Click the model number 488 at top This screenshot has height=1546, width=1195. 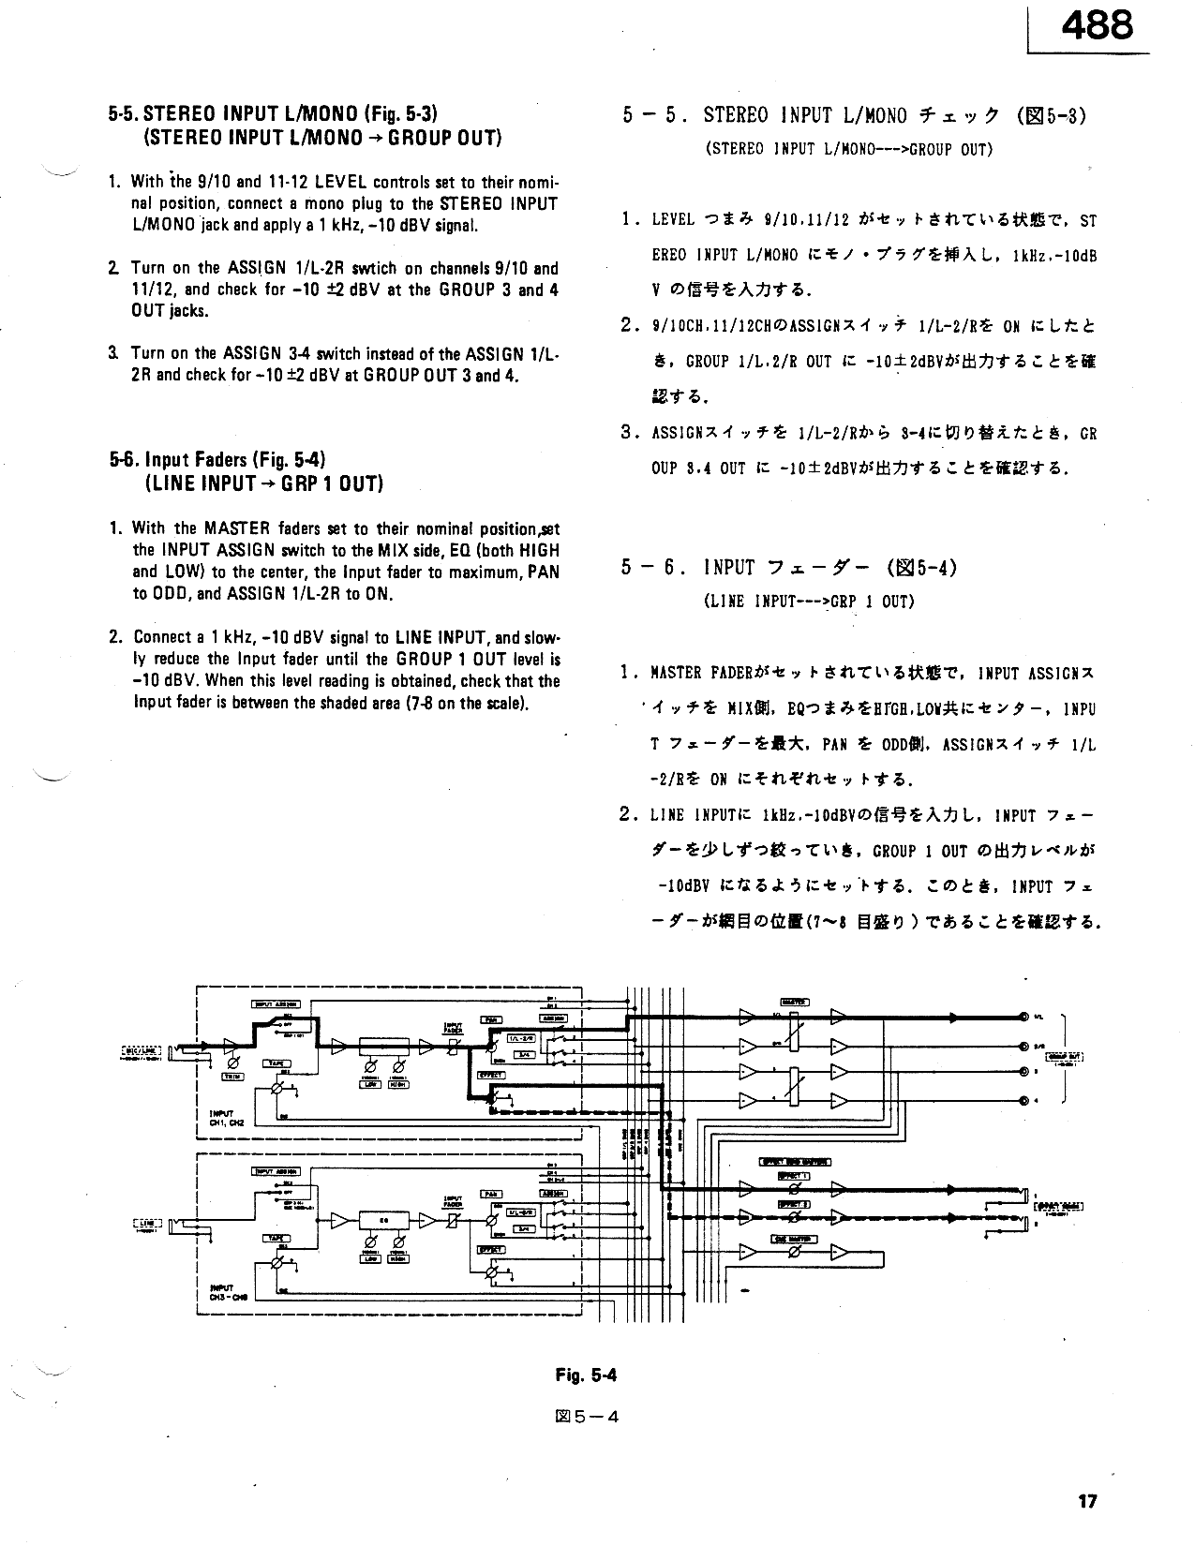pyautogui.click(x=1097, y=24)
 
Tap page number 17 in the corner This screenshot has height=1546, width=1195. pyautogui.click(x=1087, y=1501)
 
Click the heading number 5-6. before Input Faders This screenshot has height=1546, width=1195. pyautogui.click(x=124, y=459)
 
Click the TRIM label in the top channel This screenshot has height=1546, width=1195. pyautogui.click(x=232, y=1077)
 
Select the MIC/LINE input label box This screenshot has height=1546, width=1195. pyautogui.click(x=141, y=1050)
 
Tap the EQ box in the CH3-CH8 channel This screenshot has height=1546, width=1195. pyautogui.click(x=383, y=1219)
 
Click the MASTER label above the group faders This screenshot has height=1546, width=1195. pyautogui.click(x=794, y=1002)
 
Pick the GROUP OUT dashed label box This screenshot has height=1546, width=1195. pyautogui.click(x=1064, y=1058)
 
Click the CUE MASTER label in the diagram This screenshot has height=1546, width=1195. pyautogui.click(x=794, y=1239)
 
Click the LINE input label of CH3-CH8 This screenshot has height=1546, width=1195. pyautogui.click(x=148, y=1223)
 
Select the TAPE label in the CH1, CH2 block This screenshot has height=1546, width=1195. pyautogui.click(x=277, y=1063)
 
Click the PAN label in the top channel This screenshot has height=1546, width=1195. pyautogui.click(x=491, y=1019)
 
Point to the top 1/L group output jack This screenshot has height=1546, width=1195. pyautogui.click(x=1023, y=1016)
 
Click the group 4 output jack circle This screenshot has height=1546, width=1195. pyautogui.click(x=1023, y=1100)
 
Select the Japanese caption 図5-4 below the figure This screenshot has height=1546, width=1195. pyautogui.click(x=587, y=1416)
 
